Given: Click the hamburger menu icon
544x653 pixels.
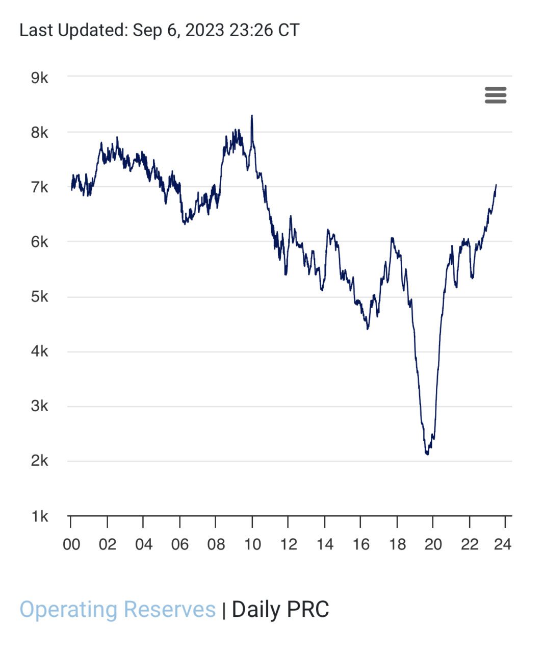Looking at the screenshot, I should point(495,95).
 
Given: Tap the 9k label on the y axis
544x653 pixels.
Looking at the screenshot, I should point(39,78).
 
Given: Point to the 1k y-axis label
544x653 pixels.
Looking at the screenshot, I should point(39,516).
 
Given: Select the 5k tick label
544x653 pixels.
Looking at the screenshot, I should point(39,296).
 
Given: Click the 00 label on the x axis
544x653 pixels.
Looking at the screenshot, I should point(71,544).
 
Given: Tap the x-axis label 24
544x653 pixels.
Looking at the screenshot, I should point(502,544).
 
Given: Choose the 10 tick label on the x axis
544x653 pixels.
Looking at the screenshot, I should point(252,544).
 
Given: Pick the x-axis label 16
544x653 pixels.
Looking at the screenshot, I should point(360,544).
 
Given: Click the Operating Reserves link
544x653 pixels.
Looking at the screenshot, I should point(117,610).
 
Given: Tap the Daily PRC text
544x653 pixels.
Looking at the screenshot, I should point(280,610).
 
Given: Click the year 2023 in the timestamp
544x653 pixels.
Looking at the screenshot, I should point(204,30).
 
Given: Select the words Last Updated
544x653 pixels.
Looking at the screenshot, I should point(72,30).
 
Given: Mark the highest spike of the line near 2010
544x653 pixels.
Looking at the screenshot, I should point(252,116).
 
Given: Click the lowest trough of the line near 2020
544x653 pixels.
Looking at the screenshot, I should point(427,454).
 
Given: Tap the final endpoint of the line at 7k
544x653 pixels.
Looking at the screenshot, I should point(496,185).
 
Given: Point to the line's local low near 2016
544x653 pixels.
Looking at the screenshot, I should point(368,329).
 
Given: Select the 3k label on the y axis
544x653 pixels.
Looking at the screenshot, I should point(39,406).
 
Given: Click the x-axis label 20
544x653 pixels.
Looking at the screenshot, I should point(433,544).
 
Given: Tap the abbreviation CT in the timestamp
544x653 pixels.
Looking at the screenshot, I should point(289,30).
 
